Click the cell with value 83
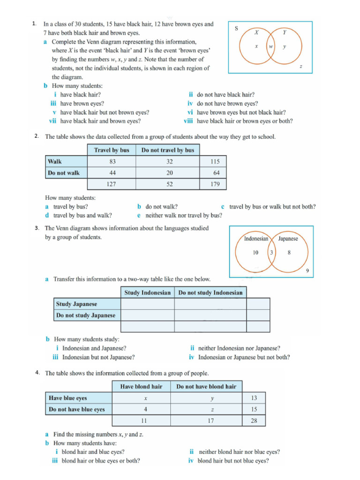(112, 161)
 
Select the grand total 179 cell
(215, 184)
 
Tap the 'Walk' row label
(55, 161)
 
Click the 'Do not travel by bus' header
(167, 150)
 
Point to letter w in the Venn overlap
(271, 47)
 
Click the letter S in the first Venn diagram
(236, 28)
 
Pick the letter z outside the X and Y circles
(300, 67)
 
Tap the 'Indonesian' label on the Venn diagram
(256, 239)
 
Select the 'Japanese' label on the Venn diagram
(288, 239)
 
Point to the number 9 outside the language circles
(307, 270)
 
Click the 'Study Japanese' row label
(76, 304)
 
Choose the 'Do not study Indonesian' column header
(210, 292)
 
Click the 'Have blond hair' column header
(141, 387)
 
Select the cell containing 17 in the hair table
(210, 421)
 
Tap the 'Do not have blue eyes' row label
(77, 409)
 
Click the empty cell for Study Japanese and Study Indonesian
(148, 304)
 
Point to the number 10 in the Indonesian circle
(255, 253)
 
